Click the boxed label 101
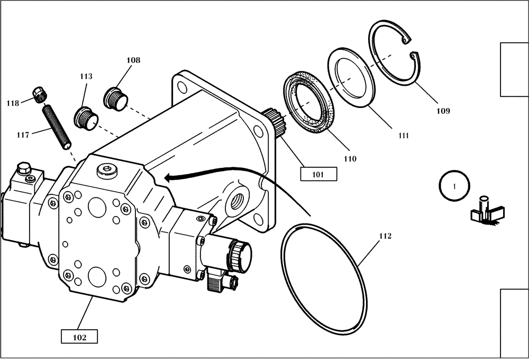tap(318, 174)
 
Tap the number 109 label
tap(443, 111)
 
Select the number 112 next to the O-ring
tap(385, 236)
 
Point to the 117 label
tap(22, 135)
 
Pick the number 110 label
tap(350, 158)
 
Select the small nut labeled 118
tap(39, 94)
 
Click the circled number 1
tap(454, 185)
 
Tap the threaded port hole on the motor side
tap(235, 200)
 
